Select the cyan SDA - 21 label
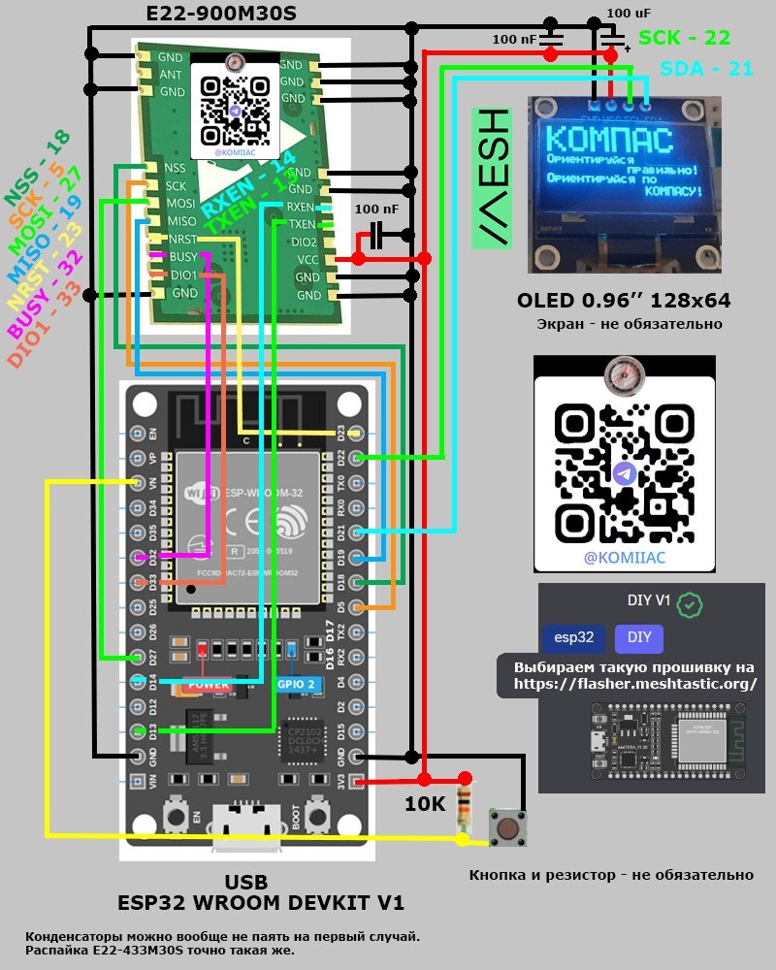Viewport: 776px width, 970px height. [706, 69]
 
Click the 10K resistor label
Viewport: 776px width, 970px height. [425, 803]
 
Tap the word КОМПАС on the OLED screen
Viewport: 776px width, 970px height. [608, 139]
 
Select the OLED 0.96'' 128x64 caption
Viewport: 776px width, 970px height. [625, 301]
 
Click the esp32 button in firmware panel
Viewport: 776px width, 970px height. [573, 638]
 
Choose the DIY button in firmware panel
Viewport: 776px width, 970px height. [639, 638]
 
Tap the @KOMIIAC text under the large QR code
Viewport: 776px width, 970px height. [624, 558]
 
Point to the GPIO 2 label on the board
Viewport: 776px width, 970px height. [298, 683]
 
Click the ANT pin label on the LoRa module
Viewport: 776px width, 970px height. [172, 74]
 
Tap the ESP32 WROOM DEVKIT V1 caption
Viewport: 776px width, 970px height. [260, 902]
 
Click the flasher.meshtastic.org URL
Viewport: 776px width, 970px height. [635, 684]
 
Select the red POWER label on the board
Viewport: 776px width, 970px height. [209, 683]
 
